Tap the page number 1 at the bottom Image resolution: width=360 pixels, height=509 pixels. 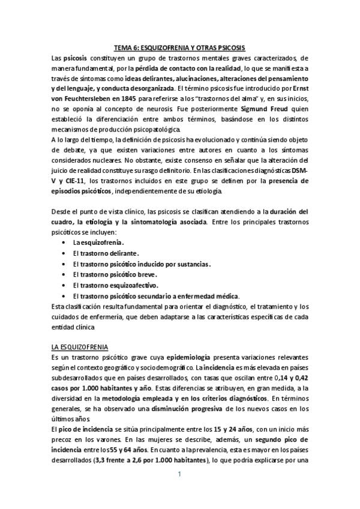179,475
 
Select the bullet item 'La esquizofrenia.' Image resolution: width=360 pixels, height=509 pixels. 98,242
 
